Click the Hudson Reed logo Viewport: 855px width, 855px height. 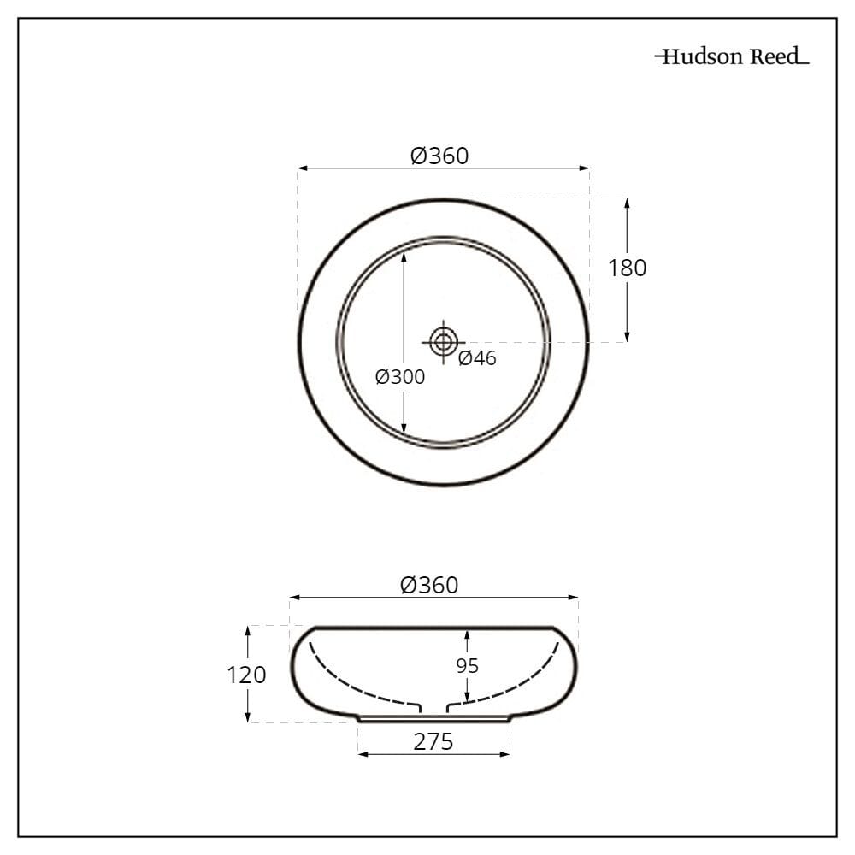(731, 57)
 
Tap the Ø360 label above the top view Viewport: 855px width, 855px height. (439, 156)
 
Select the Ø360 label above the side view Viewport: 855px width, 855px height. (429, 585)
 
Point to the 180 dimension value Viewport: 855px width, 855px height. (627, 268)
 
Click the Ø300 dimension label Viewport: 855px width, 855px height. (400, 376)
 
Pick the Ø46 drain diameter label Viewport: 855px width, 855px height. (477, 358)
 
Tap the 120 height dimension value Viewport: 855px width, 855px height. (246, 675)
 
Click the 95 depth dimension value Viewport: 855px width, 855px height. (467, 665)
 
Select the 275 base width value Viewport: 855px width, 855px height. (433, 742)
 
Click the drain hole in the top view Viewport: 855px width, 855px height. (443, 342)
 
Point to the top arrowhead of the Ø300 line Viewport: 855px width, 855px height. (404, 245)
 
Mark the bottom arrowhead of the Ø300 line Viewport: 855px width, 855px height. (404, 432)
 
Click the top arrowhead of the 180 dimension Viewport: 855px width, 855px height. (627, 203)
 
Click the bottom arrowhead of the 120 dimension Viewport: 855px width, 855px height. (248, 717)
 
